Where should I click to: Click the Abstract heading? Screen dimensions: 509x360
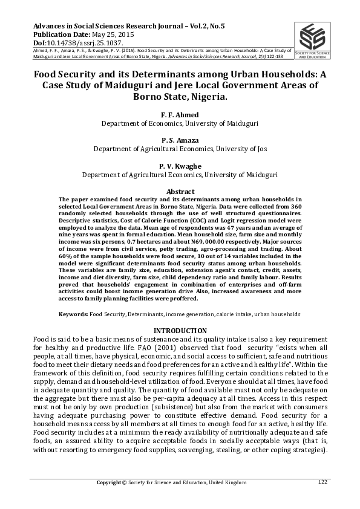pos(180,191)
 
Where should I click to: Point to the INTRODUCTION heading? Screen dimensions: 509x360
pos(180,330)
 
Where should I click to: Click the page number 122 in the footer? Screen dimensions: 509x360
pos(322,481)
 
